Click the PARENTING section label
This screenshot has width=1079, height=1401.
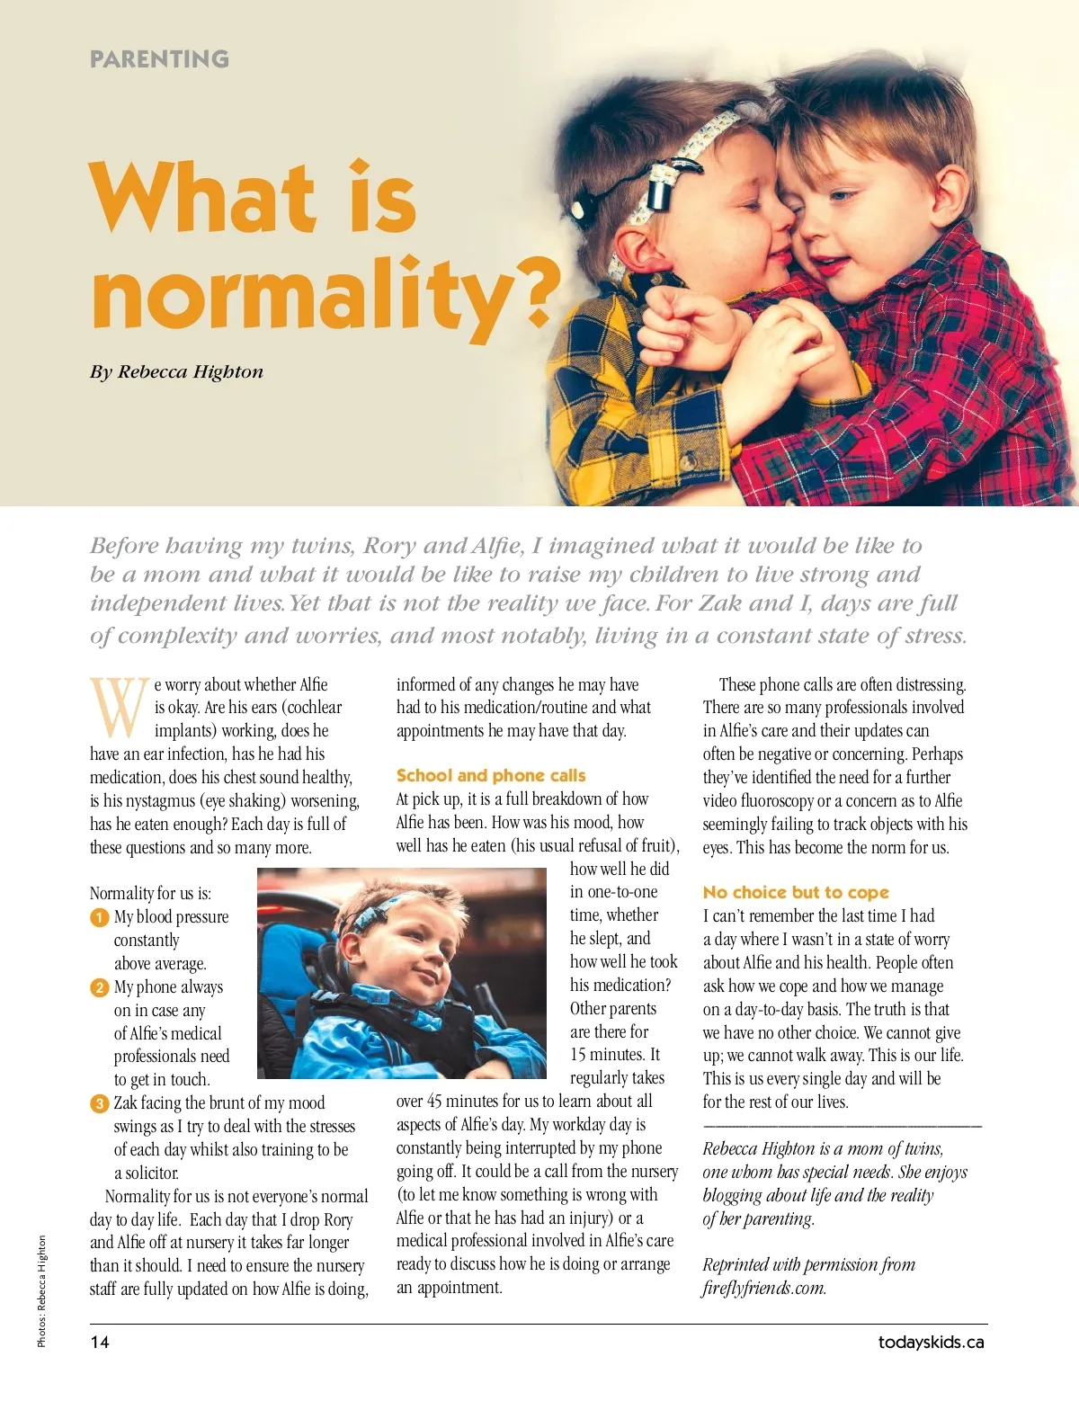coord(159,59)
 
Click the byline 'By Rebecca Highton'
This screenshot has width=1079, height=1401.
coord(176,372)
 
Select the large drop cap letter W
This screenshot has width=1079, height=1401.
coord(119,707)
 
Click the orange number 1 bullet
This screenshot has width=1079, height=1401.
coord(99,917)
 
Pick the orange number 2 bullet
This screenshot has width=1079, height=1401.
coord(99,987)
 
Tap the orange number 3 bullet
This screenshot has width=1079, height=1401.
coord(99,1103)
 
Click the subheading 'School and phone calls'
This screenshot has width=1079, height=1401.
coord(491,775)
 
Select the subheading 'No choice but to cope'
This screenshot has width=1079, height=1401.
coord(796,892)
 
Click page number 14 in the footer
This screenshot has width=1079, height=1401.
coord(100,1342)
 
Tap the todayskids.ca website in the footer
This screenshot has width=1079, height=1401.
coord(931,1342)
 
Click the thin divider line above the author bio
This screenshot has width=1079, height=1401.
coord(842,1126)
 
